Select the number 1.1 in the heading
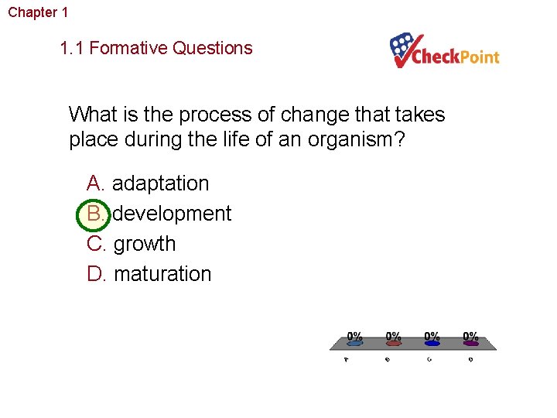pos(72,48)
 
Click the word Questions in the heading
pos(213,48)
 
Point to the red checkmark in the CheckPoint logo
pos(405,53)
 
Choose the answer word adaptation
pos(161,183)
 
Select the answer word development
pos(173,214)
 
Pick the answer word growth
pos(145,244)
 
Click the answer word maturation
pos(162,274)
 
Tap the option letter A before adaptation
pos(95,183)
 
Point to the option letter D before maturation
pos(96,274)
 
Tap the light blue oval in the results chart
pos(354,344)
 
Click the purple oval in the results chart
pos(470,344)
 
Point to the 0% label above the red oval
pos(394,336)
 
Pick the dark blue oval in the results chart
pos(432,344)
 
